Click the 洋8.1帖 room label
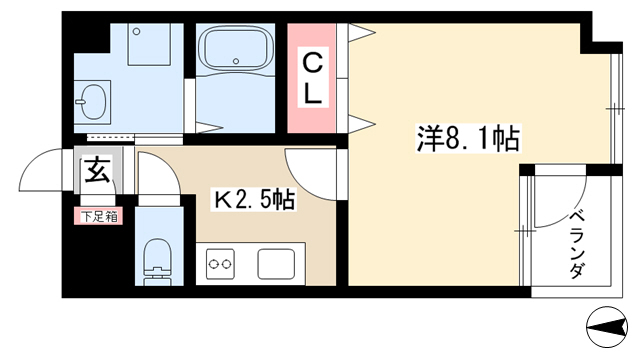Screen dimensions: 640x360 click(468, 139)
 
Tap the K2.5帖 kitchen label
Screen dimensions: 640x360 click(253, 200)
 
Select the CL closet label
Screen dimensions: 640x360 click(313, 80)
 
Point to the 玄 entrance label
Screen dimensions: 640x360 click(97, 170)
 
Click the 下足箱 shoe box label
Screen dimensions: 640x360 click(98, 217)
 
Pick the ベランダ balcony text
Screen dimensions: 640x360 click(577, 244)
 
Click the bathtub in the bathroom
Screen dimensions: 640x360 click(236, 48)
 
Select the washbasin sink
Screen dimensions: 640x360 click(93, 102)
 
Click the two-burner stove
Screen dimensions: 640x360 click(220, 264)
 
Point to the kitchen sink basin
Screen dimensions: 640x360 click(276, 264)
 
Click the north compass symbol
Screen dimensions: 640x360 click(607, 327)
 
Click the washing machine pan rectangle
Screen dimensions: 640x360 click(149, 44)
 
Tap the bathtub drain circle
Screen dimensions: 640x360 click(236, 61)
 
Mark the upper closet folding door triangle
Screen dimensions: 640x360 click(362, 33)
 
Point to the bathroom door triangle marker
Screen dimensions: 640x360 click(209, 127)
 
